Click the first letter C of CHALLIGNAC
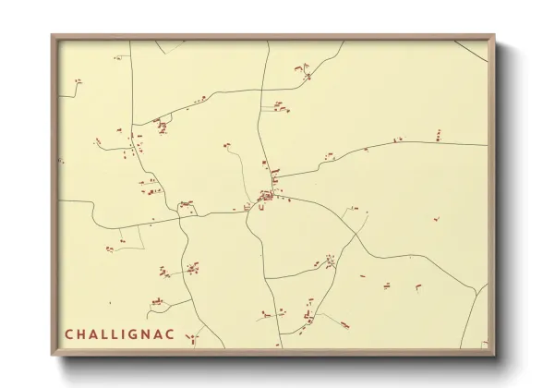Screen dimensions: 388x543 (x=69, y=333)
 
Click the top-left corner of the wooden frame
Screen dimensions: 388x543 (x=53, y=36)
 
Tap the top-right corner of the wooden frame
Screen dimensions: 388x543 (x=494, y=36)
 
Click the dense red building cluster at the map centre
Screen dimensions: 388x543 (x=268, y=197)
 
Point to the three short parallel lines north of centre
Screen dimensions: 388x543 (x=279, y=108)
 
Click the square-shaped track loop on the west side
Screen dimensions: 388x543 (x=130, y=237)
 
